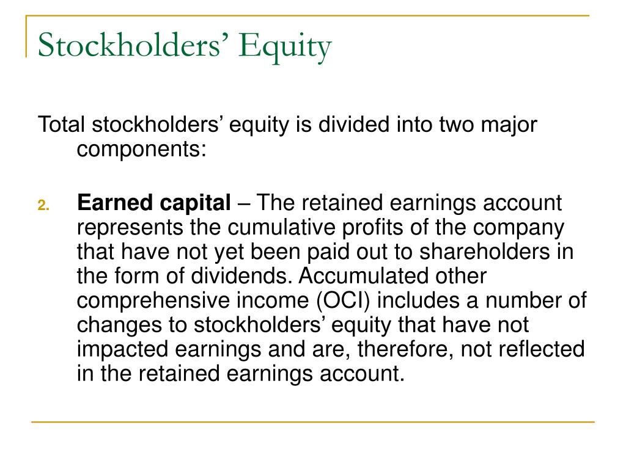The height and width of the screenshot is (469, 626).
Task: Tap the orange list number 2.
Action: [x=43, y=205]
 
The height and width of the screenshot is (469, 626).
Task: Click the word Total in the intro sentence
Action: [x=61, y=125]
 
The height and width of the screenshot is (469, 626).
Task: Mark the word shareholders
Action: [x=485, y=252]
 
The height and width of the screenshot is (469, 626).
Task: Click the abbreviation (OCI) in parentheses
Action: [x=343, y=300]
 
